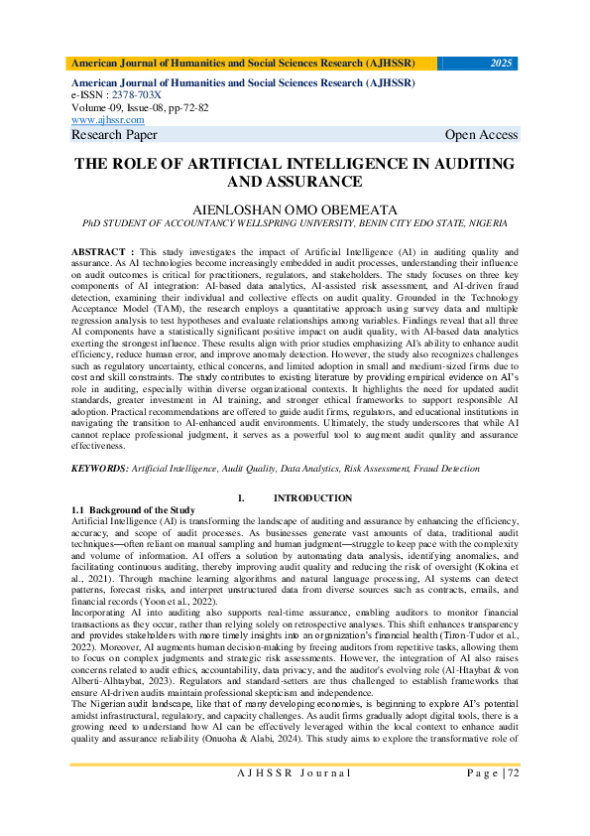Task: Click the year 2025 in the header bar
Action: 501,63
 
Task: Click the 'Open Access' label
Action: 481,135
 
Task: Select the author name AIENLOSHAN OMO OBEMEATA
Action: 295,211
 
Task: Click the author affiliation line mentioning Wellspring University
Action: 295,225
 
